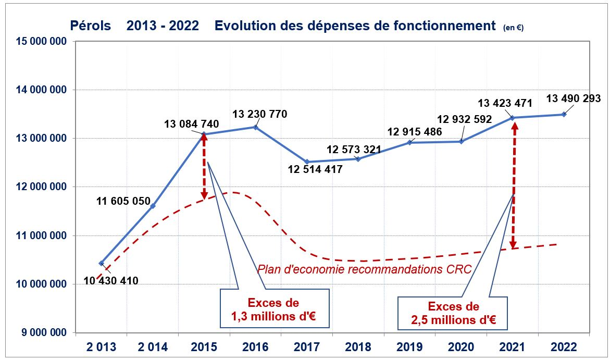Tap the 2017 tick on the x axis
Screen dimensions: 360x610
tap(306, 346)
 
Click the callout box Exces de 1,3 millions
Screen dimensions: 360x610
tap(275, 308)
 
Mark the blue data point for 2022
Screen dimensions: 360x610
tap(564, 114)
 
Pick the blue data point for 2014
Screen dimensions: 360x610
tap(153, 206)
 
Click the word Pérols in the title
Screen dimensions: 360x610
tap(91, 26)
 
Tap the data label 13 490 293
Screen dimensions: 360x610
tap(574, 98)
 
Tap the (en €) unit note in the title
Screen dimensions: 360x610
tap(514, 28)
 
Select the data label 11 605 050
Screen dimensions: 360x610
tap(123, 201)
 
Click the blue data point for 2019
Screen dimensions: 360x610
tap(409, 142)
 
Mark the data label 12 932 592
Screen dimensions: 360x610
tap(465, 119)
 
